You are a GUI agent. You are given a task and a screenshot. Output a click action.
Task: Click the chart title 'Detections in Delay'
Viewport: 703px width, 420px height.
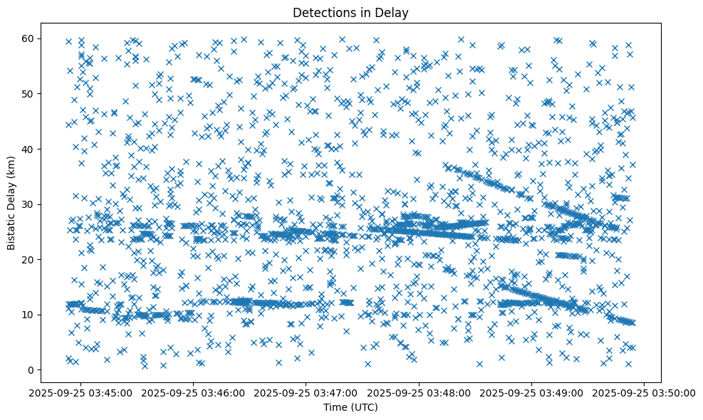coord(351,12)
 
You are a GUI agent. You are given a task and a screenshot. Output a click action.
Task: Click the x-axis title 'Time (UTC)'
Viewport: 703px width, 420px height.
coord(351,408)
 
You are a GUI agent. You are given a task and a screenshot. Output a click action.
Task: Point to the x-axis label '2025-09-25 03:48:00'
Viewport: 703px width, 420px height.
coord(419,392)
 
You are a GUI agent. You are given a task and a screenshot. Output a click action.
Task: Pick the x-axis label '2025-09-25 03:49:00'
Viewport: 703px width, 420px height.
coord(532,392)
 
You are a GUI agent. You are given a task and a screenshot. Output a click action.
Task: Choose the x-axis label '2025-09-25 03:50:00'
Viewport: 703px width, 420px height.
coord(645,392)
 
